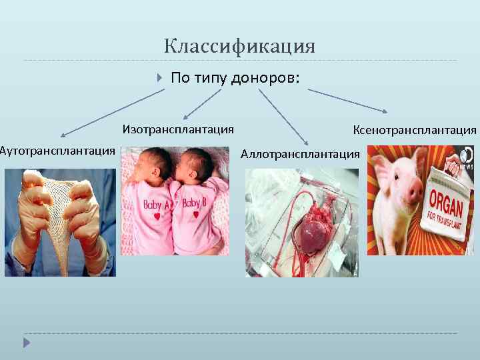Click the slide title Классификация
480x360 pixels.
click(x=239, y=47)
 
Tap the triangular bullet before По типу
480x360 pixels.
click(x=159, y=79)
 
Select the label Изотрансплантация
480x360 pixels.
click(x=178, y=129)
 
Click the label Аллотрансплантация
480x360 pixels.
click(x=300, y=154)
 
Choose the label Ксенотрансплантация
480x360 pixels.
click(x=415, y=129)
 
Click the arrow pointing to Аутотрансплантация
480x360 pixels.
click(x=107, y=114)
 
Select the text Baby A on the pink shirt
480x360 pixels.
click(x=157, y=203)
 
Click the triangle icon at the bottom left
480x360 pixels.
click(x=27, y=343)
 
